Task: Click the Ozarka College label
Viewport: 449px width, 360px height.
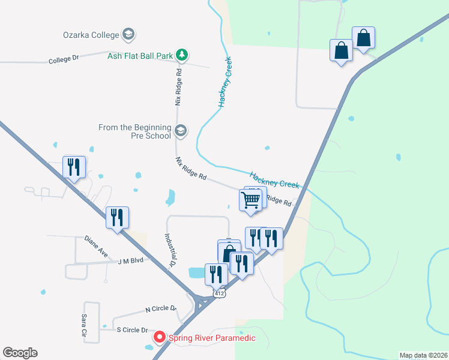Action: click(x=91, y=35)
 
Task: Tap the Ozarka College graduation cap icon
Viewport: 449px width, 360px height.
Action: click(x=128, y=34)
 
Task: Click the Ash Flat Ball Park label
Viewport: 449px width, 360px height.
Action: click(x=140, y=56)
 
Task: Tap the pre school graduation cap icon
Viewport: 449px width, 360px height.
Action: click(x=181, y=130)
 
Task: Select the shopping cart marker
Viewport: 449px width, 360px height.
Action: click(x=250, y=200)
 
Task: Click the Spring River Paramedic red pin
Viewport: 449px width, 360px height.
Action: click(x=160, y=337)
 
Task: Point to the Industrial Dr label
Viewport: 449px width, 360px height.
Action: click(x=169, y=250)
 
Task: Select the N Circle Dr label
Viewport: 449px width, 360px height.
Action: click(x=161, y=309)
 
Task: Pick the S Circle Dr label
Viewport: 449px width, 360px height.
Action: click(x=132, y=330)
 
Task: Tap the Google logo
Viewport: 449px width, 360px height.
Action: click(x=20, y=353)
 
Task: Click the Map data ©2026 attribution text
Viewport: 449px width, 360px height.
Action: click(x=423, y=355)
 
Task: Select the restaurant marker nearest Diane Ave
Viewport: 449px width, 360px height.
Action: click(x=118, y=217)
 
